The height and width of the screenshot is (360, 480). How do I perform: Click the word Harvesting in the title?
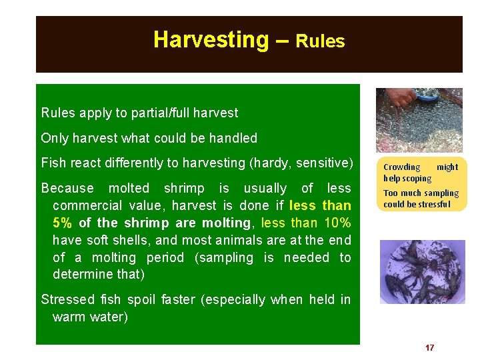[210, 40]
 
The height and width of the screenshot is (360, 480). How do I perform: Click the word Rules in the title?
[320, 41]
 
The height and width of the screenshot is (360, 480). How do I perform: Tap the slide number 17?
[429, 348]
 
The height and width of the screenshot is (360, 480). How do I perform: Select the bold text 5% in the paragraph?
[63, 223]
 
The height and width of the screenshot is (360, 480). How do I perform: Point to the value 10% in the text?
[332, 223]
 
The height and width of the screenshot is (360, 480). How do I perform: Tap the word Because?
[67, 189]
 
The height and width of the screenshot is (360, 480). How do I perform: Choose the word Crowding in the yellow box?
[401, 167]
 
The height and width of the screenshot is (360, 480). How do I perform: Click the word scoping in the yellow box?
[417, 178]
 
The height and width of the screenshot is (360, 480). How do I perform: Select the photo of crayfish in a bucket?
[422, 272]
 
